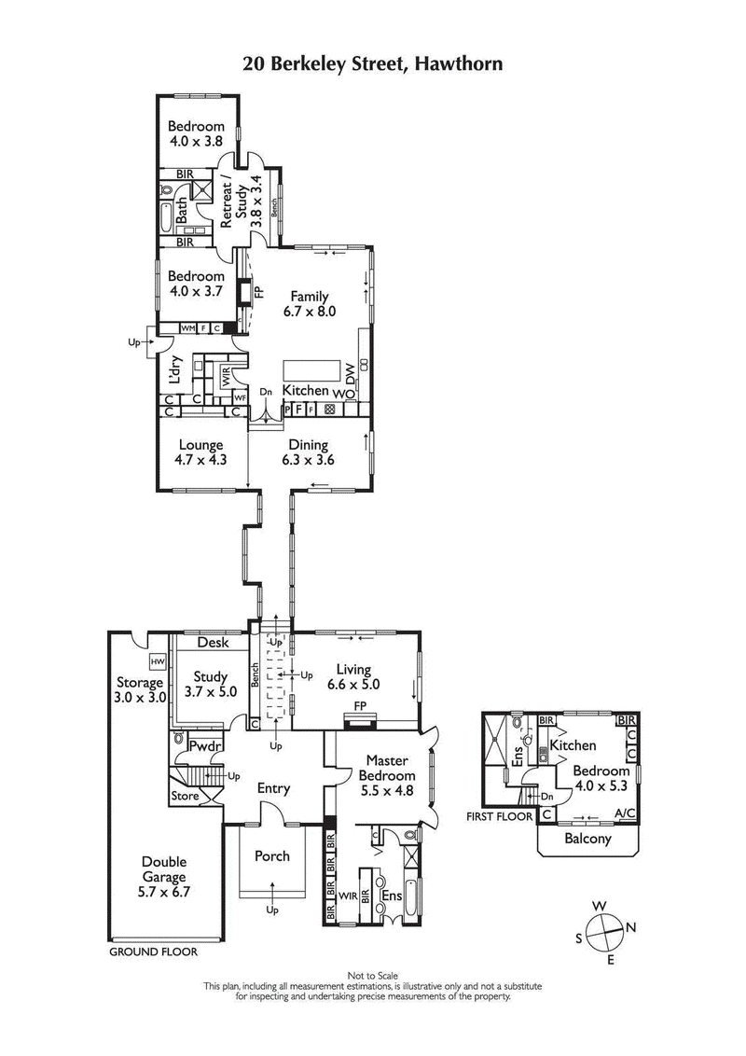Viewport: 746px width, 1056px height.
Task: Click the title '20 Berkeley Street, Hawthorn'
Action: [372, 64]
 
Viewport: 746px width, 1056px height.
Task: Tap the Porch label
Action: [272, 855]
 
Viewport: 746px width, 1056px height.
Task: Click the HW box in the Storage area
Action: [158, 661]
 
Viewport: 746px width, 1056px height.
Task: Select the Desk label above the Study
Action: [214, 643]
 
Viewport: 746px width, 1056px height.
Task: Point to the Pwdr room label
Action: [203, 746]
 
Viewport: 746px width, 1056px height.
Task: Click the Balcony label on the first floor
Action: [587, 839]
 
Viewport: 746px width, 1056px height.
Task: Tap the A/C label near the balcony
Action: [626, 814]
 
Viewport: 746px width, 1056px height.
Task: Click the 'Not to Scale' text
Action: [372, 976]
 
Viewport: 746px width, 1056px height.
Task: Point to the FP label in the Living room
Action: [359, 707]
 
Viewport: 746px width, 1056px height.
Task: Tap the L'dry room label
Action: [173, 373]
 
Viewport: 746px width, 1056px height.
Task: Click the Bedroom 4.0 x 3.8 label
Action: [196, 134]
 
